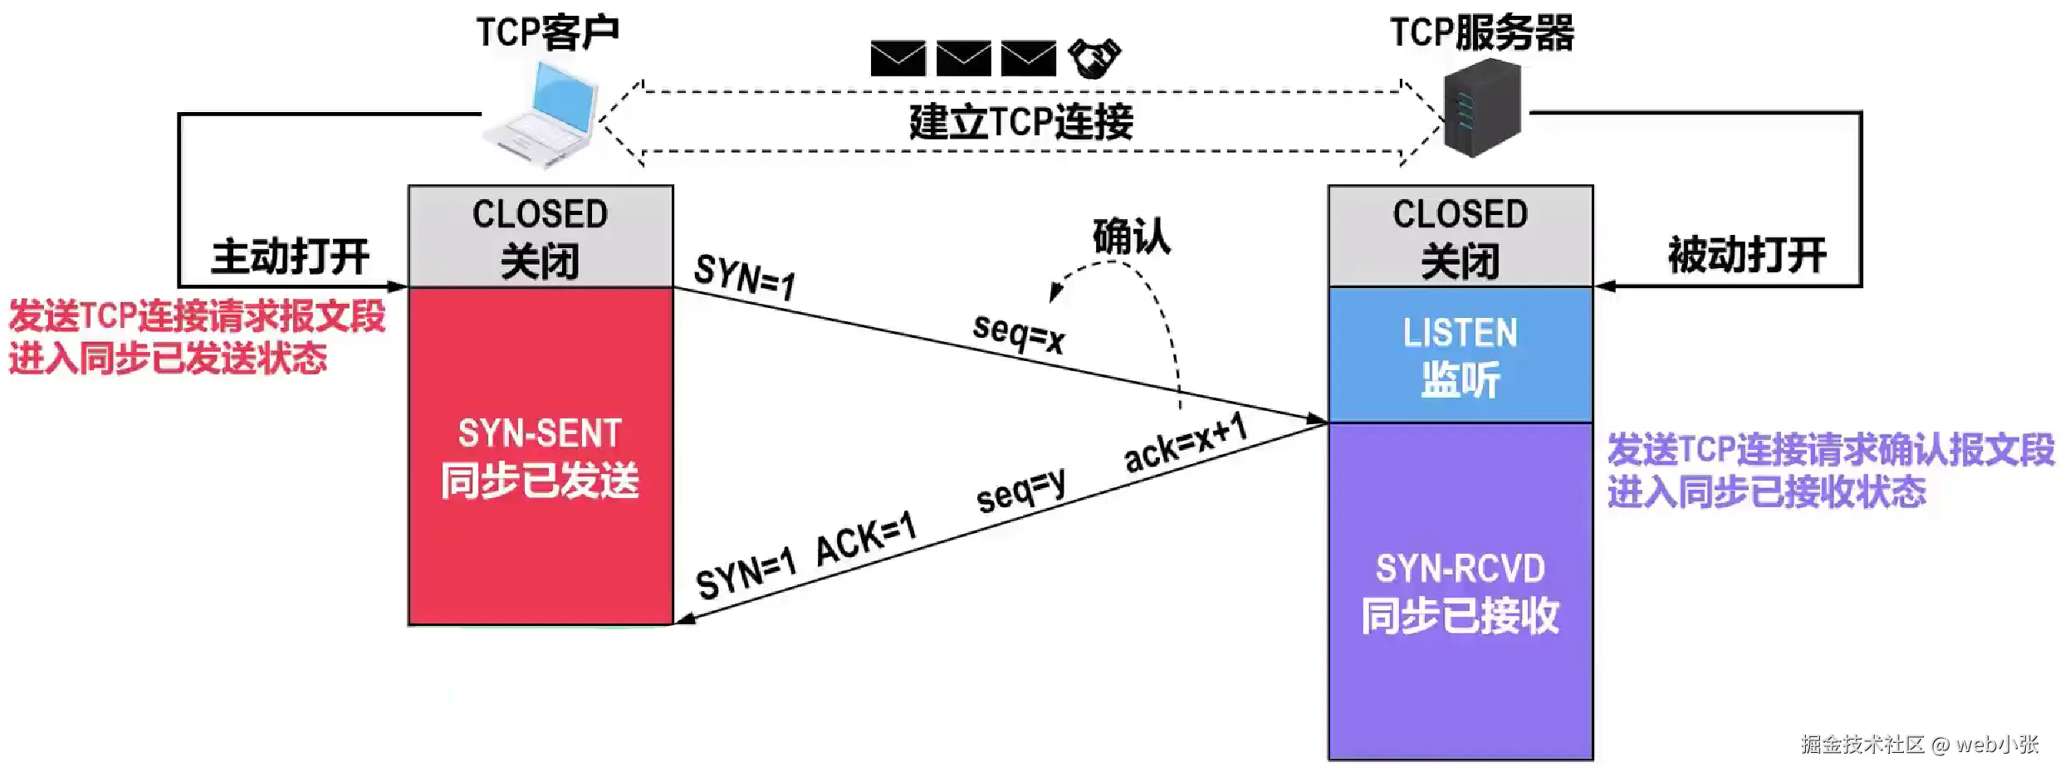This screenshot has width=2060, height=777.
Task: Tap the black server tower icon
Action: (x=1483, y=112)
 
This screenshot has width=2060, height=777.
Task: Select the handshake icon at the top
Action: (x=1094, y=58)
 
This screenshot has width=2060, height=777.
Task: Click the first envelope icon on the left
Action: (x=898, y=58)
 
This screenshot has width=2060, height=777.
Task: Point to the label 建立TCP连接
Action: (x=1021, y=122)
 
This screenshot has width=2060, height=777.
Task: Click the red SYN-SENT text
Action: (x=540, y=433)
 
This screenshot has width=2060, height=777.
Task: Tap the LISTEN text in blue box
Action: (x=1460, y=333)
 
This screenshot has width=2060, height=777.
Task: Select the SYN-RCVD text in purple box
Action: (x=1460, y=569)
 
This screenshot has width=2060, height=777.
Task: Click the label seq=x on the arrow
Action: (x=1019, y=334)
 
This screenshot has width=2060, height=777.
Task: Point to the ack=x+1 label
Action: (x=1186, y=443)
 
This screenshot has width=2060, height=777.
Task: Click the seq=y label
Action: (x=1021, y=491)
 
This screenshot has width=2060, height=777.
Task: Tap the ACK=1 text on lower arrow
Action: (x=865, y=540)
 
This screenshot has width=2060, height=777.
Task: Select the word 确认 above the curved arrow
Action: (x=1131, y=237)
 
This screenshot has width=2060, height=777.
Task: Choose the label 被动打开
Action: (x=1747, y=255)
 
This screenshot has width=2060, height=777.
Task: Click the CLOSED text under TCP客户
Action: (x=540, y=214)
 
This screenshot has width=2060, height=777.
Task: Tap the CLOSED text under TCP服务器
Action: (x=1460, y=214)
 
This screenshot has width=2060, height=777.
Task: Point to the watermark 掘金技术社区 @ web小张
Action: (x=1919, y=744)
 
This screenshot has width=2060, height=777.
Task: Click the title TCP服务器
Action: (x=1482, y=33)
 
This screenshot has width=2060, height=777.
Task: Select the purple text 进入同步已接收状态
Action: (x=1766, y=491)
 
